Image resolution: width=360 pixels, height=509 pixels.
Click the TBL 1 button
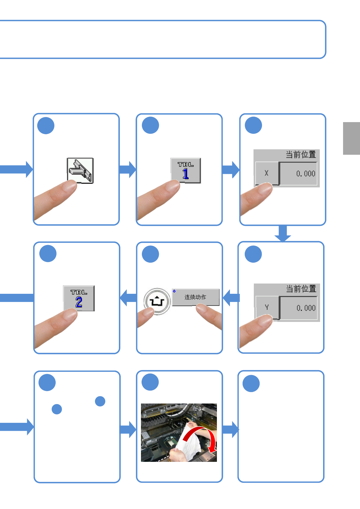(185, 170)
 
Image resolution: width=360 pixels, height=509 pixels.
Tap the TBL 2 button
(79, 298)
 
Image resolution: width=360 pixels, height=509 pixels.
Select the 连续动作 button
(196, 297)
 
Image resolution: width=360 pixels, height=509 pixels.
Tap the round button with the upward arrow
(157, 301)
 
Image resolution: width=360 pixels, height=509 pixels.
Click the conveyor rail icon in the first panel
(80, 170)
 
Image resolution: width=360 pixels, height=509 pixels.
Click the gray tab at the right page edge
(351, 138)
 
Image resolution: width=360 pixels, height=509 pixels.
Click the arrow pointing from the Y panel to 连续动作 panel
(231, 298)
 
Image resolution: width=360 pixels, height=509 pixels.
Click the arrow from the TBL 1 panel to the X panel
(231, 170)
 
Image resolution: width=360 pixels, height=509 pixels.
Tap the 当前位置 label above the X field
(301, 155)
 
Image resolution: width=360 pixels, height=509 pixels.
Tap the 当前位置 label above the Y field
(301, 289)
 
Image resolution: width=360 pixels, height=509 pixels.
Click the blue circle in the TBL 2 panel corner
(48, 254)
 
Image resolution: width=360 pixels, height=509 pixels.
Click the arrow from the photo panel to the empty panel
(231, 429)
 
